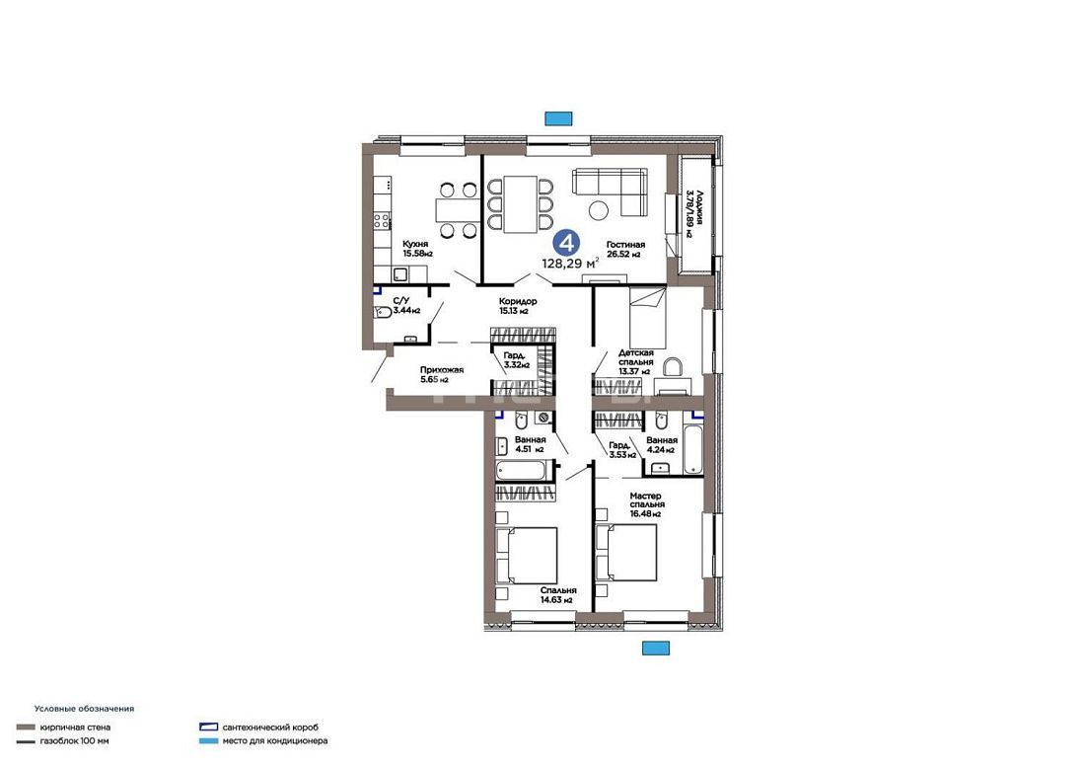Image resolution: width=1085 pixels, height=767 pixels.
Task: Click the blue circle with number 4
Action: point(568,243)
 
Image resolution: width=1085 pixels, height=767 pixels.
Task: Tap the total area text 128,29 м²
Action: point(571,263)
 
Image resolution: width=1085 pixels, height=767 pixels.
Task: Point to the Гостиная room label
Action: point(625,245)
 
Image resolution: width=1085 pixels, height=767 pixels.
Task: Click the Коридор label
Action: point(518,301)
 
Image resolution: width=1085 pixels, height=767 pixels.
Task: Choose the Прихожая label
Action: point(442,369)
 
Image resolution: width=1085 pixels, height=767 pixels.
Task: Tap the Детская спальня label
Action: point(636,357)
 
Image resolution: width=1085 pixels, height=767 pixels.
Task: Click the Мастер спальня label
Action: point(646,499)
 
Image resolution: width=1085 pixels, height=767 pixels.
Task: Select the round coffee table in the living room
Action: point(599,209)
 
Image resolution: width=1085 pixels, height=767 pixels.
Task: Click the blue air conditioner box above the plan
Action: point(558,118)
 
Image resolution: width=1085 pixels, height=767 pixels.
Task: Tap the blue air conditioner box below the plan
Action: point(655,648)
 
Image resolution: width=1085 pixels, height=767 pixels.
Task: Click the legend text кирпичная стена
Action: point(75,727)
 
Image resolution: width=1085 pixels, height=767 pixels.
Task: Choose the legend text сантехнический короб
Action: point(270,727)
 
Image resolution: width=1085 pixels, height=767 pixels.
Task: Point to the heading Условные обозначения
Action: point(85,709)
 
